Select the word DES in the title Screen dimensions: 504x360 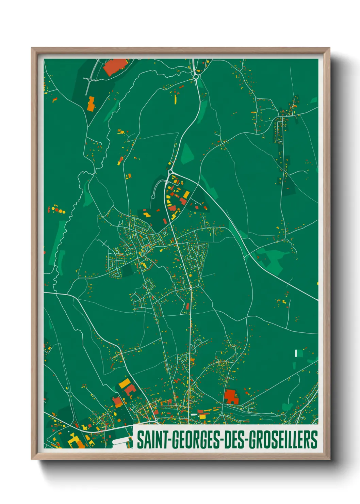tap(234, 440)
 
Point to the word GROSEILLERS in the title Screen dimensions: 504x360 tap(283, 440)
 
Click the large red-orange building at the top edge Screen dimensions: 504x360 tap(115, 67)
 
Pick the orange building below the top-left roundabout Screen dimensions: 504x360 tap(91, 104)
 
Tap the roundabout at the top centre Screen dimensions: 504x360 tap(196, 77)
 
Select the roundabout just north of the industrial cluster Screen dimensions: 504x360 tap(170, 172)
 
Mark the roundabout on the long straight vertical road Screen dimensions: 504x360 tap(191, 288)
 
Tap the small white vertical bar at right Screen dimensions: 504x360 tap(296, 353)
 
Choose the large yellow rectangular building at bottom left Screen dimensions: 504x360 tap(124, 383)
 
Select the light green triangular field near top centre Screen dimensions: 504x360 tap(187, 154)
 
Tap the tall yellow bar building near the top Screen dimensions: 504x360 tap(176, 99)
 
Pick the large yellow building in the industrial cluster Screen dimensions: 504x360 tap(186, 195)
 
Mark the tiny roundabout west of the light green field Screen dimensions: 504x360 tap(244, 257)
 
